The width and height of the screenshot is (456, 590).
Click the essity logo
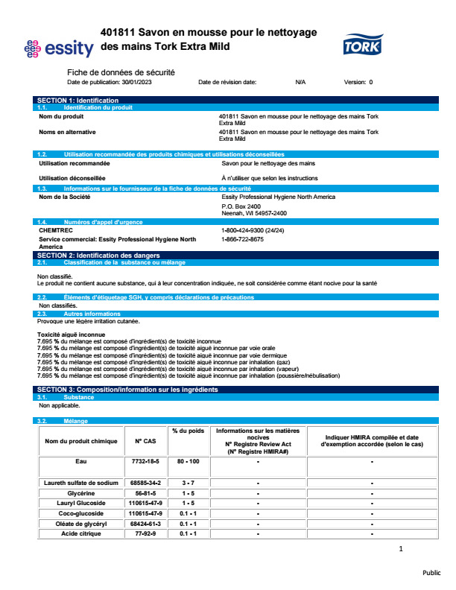point(59,48)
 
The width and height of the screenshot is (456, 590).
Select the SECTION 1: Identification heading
point(77,100)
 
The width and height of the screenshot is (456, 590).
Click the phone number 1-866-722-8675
point(242,239)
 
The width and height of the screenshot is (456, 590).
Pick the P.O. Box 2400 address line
point(241,206)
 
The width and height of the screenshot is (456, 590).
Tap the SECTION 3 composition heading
point(127,390)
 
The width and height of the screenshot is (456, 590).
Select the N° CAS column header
point(144,441)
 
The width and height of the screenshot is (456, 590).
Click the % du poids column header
point(188,431)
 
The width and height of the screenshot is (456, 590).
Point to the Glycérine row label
point(81,493)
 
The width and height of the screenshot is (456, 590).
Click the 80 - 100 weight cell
point(188,462)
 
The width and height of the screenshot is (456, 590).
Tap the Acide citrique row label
point(81,533)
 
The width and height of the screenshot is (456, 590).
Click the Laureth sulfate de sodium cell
point(81,483)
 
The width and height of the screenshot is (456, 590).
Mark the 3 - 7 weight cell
point(188,483)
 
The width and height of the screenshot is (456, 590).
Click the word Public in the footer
point(432,573)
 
